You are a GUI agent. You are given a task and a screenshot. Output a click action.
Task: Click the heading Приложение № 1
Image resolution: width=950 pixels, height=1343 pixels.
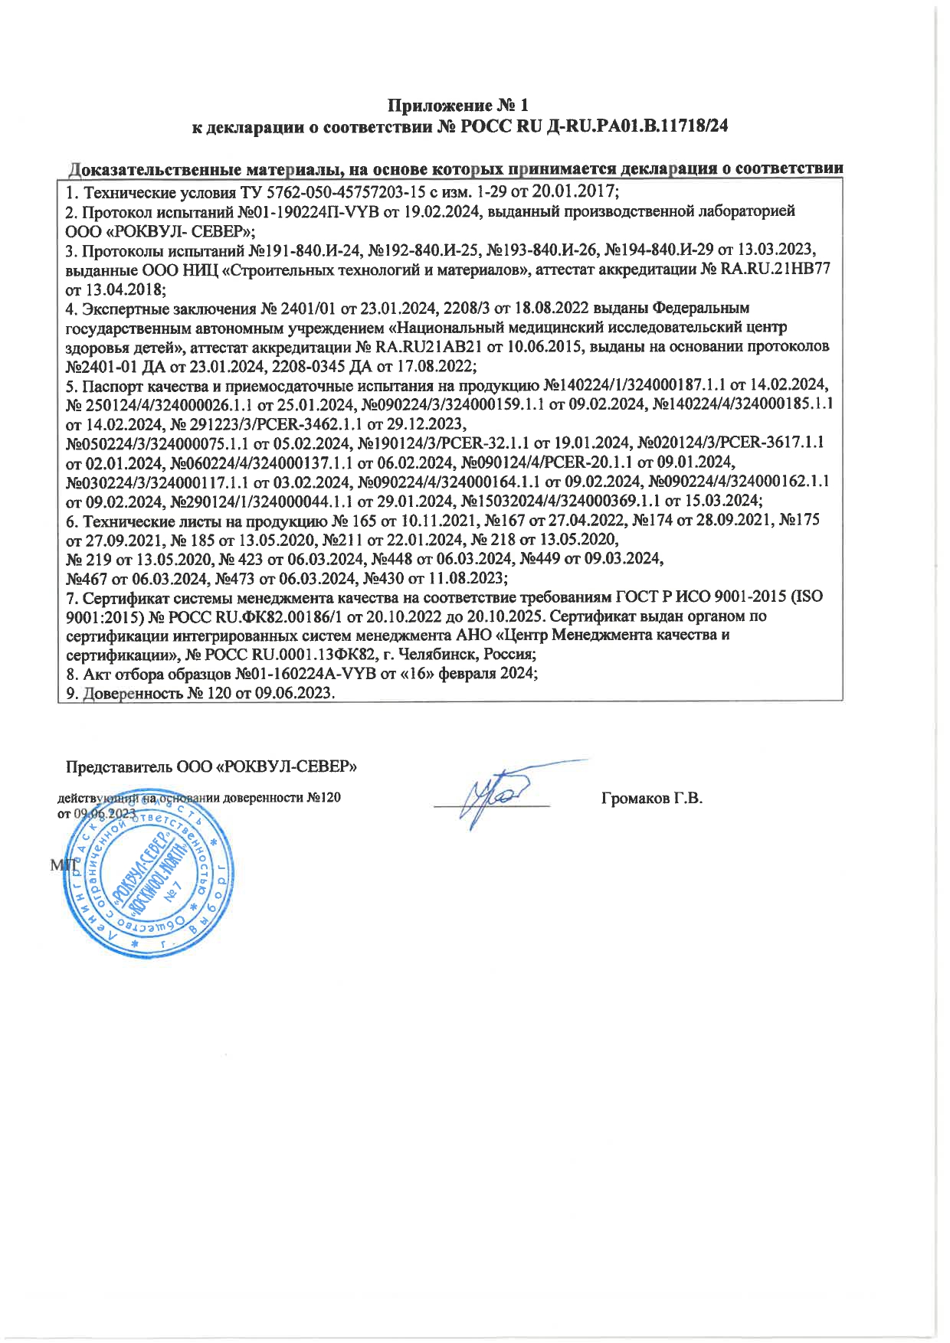coord(457,106)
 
